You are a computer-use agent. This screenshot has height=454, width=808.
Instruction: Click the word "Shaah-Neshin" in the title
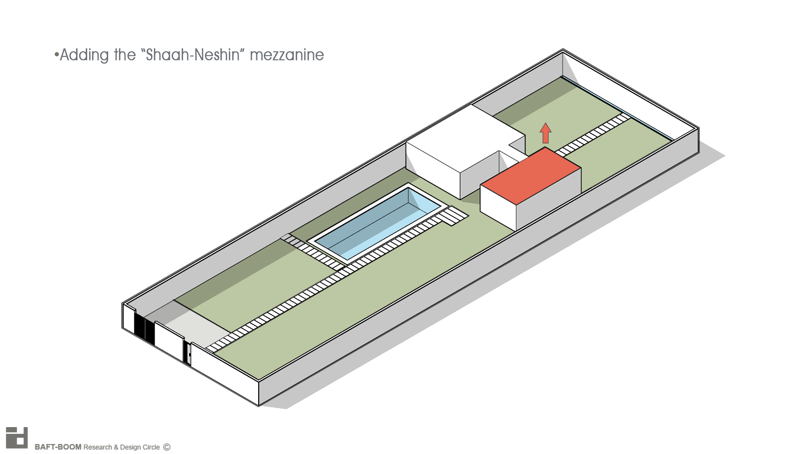click(192, 55)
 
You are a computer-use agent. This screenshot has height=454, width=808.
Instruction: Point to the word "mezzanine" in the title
click(287, 55)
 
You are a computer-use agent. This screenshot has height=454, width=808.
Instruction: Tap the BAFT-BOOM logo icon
click(17, 438)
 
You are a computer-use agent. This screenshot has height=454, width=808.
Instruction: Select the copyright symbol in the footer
click(167, 447)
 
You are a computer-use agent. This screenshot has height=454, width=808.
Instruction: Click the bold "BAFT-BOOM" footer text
click(58, 447)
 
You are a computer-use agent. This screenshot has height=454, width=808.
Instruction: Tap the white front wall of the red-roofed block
click(498, 206)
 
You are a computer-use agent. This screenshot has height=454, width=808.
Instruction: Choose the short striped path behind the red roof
click(593, 135)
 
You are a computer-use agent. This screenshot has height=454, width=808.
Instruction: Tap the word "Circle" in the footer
click(151, 447)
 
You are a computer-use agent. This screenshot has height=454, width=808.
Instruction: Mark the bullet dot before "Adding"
click(56, 55)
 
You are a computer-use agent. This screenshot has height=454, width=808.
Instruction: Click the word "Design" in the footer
click(130, 447)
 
